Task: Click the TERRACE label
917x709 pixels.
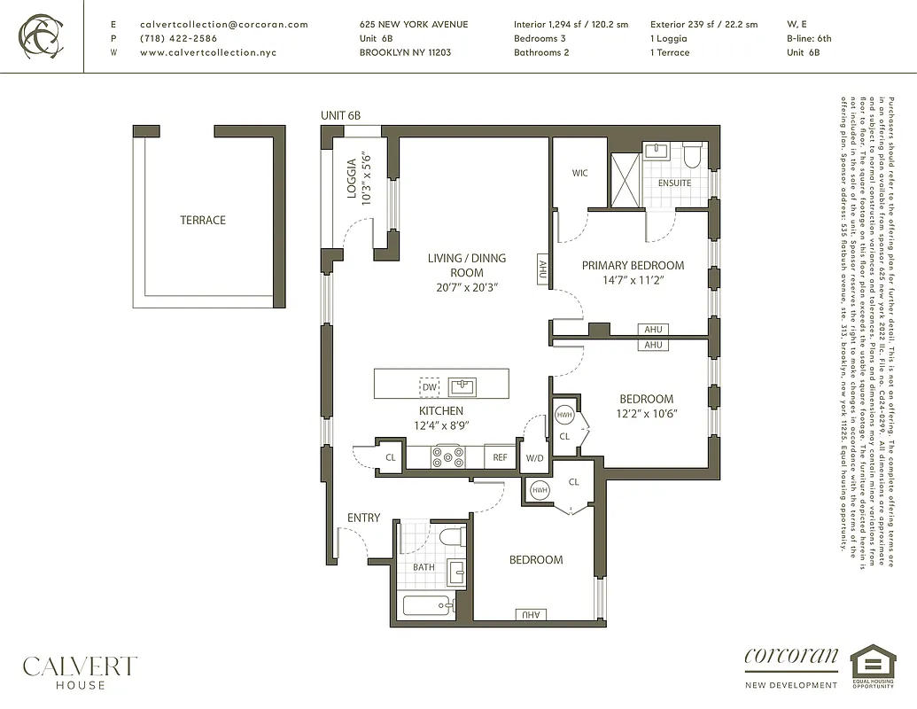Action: [x=203, y=220]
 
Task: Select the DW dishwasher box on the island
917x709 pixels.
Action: [x=429, y=387]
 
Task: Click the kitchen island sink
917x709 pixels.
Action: [x=462, y=386]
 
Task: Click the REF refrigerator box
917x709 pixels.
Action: [x=501, y=457]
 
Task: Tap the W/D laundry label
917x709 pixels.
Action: [x=534, y=458]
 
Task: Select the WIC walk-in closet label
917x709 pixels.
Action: [x=579, y=173]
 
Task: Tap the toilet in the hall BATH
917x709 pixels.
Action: [x=452, y=536]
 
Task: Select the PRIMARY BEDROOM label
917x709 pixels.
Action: [x=633, y=265]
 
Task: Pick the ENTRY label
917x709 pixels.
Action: [x=363, y=518]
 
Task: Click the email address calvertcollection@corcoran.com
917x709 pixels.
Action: [x=224, y=25]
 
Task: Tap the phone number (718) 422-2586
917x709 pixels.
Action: [x=178, y=39]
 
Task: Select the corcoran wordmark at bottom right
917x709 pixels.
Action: [x=791, y=657]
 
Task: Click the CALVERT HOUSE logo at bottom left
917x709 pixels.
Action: [x=80, y=671]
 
